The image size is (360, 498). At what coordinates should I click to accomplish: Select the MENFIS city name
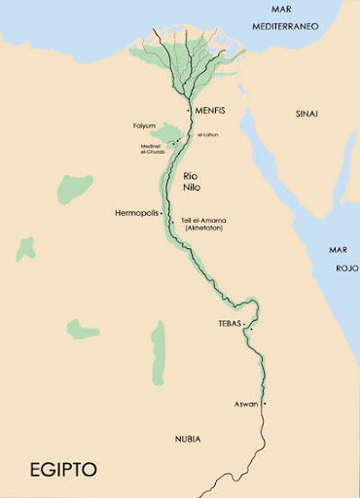click(x=210, y=110)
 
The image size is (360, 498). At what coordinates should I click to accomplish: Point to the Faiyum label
click(x=145, y=126)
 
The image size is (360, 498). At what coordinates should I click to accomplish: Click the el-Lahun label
click(x=205, y=136)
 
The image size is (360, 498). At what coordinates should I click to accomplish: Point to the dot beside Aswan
click(x=264, y=403)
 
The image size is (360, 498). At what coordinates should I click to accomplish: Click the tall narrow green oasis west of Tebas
click(x=159, y=350)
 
